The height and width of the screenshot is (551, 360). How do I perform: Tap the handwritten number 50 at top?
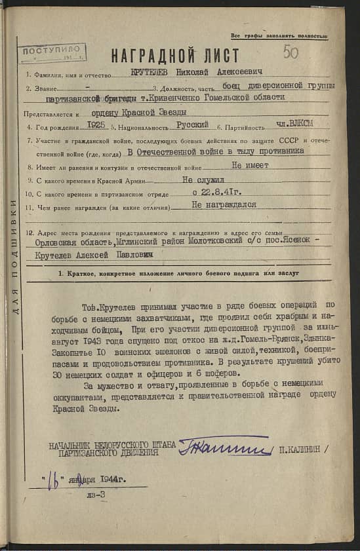point(290,52)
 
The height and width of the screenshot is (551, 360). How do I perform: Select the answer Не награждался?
point(224,205)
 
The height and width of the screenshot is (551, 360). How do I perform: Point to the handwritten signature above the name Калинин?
point(224,448)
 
